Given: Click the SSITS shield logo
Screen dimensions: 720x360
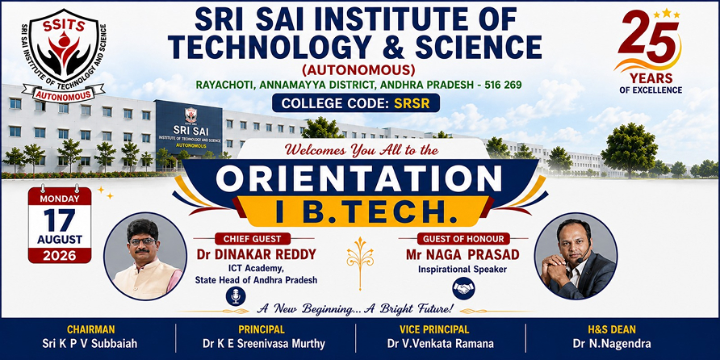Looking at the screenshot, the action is (64, 54).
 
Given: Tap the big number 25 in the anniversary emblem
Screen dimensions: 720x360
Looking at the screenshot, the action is (648, 39).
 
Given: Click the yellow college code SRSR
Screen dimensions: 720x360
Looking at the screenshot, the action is (412, 103).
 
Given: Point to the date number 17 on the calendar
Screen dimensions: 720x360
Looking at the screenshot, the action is (60, 220).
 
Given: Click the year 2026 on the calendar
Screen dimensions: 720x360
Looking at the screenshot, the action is (60, 255).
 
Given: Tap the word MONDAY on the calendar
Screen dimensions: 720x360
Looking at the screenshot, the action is (60, 199).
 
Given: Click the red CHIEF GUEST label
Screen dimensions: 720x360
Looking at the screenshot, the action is (253, 239).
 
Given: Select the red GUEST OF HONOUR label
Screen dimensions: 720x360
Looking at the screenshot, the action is (463, 239).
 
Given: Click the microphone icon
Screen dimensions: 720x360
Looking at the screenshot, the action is (236, 296).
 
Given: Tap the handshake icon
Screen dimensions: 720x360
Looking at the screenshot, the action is (463, 288).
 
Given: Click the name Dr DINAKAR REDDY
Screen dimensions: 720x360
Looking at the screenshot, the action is (256, 254).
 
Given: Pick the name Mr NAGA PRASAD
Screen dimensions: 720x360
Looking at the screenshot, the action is (463, 254).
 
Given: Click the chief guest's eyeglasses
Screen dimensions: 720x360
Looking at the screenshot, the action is (143, 241).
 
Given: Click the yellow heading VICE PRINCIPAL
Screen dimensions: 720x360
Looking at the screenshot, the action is (434, 329).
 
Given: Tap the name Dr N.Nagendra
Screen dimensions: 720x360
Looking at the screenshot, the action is (612, 344).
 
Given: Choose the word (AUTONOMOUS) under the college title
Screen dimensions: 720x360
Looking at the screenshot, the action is (358, 70).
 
